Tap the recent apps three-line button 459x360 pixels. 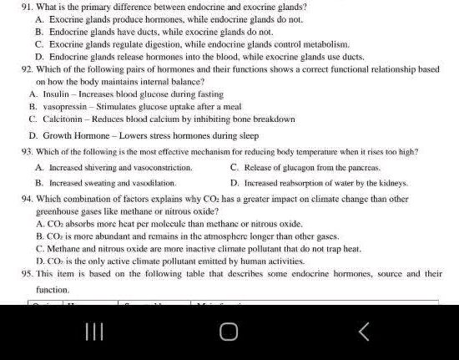(94, 332)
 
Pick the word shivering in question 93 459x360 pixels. (107, 167)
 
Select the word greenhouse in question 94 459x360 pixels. (56, 212)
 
